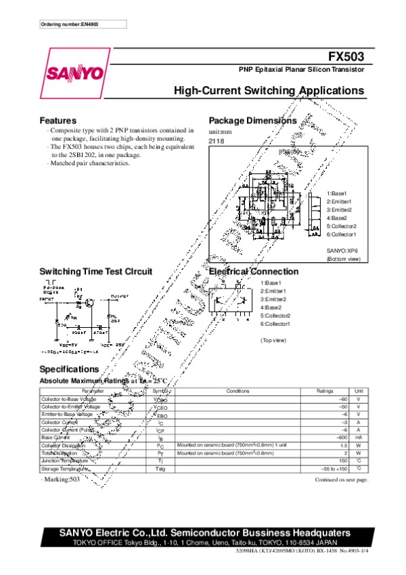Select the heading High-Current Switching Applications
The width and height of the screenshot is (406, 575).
pyautogui.click(x=269, y=91)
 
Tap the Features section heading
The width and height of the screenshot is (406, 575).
pyautogui.click(x=58, y=120)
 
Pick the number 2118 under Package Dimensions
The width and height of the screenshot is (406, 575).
pyautogui.click(x=216, y=140)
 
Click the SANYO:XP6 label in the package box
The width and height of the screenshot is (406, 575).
pyautogui.click(x=342, y=251)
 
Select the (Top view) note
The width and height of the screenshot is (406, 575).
pyautogui.click(x=273, y=340)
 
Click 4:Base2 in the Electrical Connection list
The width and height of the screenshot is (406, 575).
pyautogui.click(x=273, y=307)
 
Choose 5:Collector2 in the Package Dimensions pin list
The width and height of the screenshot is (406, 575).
pyautogui.click(x=341, y=226)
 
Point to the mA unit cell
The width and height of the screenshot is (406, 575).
pyautogui.click(x=359, y=437)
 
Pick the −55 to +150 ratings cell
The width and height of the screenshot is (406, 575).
pyautogui.click(x=334, y=469)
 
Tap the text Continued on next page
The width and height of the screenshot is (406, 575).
pyautogui.click(x=341, y=480)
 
